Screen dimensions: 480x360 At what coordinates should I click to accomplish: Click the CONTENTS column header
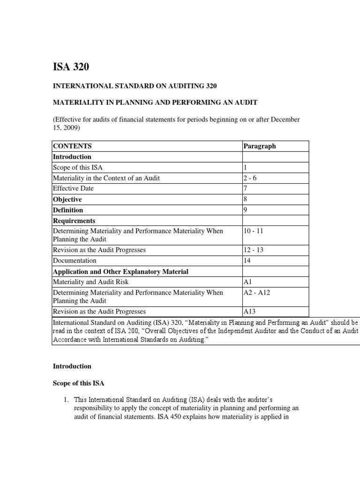click(x=72, y=146)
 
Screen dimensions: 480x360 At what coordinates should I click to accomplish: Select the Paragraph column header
click(x=259, y=146)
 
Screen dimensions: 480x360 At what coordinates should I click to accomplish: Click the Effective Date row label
click(x=73, y=188)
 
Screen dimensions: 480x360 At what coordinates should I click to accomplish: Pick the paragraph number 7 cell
click(x=245, y=188)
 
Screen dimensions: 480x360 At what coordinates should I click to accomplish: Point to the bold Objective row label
click(x=67, y=199)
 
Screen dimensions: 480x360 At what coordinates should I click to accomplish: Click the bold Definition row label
click(x=68, y=210)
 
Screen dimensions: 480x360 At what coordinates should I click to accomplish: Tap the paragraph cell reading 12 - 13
click(x=254, y=250)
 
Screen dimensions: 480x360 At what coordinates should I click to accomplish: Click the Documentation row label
click(x=75, y=261)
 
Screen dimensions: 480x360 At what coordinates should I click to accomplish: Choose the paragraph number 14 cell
click(x=247, y=261)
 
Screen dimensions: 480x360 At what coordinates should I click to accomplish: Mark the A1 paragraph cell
click(x=247, y=282)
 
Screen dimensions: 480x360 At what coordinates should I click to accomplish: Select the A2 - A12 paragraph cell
click(x=256, y=292)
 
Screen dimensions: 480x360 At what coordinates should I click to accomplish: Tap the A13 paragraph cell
click(x=249, y=311)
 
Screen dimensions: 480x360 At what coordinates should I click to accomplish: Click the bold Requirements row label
click(x=74, y=221)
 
